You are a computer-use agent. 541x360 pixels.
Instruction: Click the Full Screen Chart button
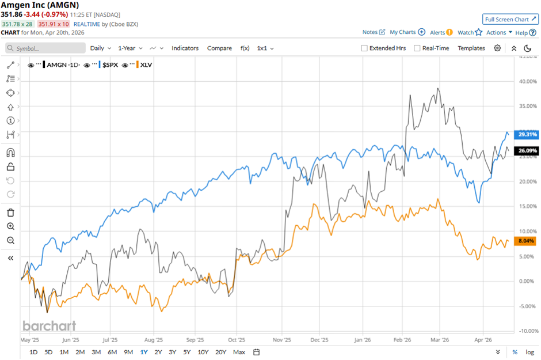[x=510, y=19]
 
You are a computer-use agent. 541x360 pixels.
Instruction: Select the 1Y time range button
[x=144, y=352]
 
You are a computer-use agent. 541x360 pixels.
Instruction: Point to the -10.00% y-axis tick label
[x=525, y=331]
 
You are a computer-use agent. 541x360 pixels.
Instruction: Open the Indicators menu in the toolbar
[x=185, y=48]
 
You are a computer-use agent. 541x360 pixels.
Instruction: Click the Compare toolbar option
[x=219, y=48]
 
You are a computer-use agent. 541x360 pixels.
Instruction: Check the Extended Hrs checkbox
[x=364, y=48]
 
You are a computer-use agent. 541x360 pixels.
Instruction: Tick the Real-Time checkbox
[x=417, y=48]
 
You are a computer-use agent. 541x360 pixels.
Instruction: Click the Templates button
[x=471, y=48]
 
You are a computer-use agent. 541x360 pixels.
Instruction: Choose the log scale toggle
[x=529, y=352]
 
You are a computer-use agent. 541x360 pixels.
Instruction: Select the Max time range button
[x=239, y=352]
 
